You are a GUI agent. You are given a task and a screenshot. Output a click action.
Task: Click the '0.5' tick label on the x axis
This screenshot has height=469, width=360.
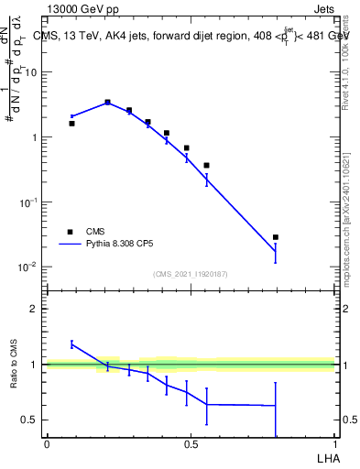tap(191, 444)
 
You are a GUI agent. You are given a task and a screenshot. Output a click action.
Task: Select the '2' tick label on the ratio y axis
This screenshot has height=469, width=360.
tap(35, 309)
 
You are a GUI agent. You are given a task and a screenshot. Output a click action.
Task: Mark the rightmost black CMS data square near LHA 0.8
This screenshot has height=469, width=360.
tap(275, 237)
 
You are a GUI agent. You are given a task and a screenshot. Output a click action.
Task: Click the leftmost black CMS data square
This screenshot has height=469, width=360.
tap(71, 123)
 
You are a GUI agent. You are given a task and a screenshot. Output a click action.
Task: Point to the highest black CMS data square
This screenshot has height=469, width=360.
tap(107, 103)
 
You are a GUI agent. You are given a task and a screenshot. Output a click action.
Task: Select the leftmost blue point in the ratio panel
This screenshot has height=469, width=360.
tap(71, 344)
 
